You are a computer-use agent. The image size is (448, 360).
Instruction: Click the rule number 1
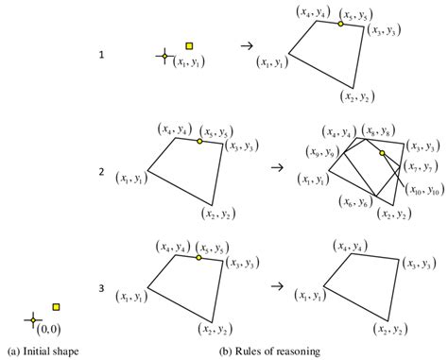pyautogui.click(x=102, y=56)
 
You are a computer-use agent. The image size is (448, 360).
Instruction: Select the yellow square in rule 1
pyautogui.click(x=189, y=45)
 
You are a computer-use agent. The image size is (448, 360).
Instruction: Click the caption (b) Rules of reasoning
pyautogui.click(x=268, y=351)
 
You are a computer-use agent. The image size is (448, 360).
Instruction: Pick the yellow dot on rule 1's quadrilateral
pyautogui.click(x=340, y=24)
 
